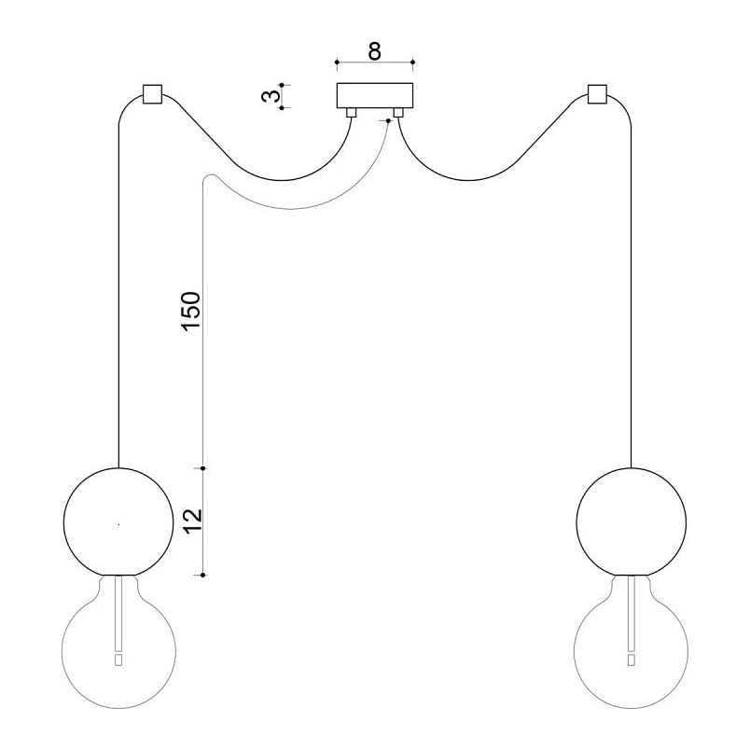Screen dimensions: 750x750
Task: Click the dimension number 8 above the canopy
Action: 375,51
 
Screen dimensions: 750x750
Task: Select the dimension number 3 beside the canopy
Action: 271,96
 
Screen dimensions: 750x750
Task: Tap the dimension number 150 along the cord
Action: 190,311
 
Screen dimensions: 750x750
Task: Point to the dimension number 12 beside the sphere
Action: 192,521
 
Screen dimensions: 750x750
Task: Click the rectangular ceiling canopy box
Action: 375,96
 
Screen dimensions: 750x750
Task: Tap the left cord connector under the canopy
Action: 351,112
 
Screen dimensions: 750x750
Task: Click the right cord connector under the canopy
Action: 398,112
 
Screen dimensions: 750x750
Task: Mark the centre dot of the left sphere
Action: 118,524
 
